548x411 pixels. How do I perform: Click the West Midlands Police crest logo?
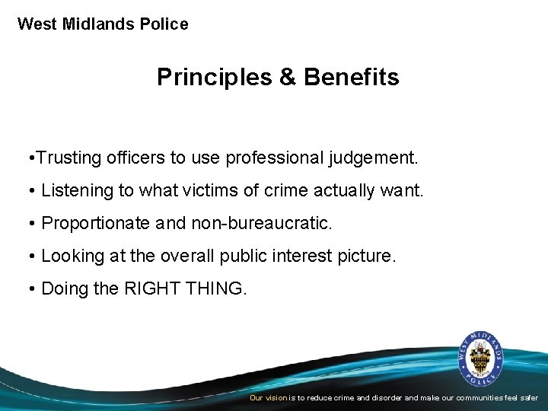pyautogui.click(x=480, y=357)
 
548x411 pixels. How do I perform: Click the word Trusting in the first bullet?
pyautogui.click(x=66, y=158)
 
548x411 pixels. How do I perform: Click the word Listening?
pyautogui.click(x=76, y=191)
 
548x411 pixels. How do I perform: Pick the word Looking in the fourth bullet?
pyautogui.click(x=73, y=256)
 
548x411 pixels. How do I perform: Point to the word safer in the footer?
pyautogui.click(x=528, y=398)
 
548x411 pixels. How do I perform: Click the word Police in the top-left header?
pyautogui.click(x=164, y=24)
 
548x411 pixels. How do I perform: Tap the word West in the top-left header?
pyautogui.click(x=37, y=24)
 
